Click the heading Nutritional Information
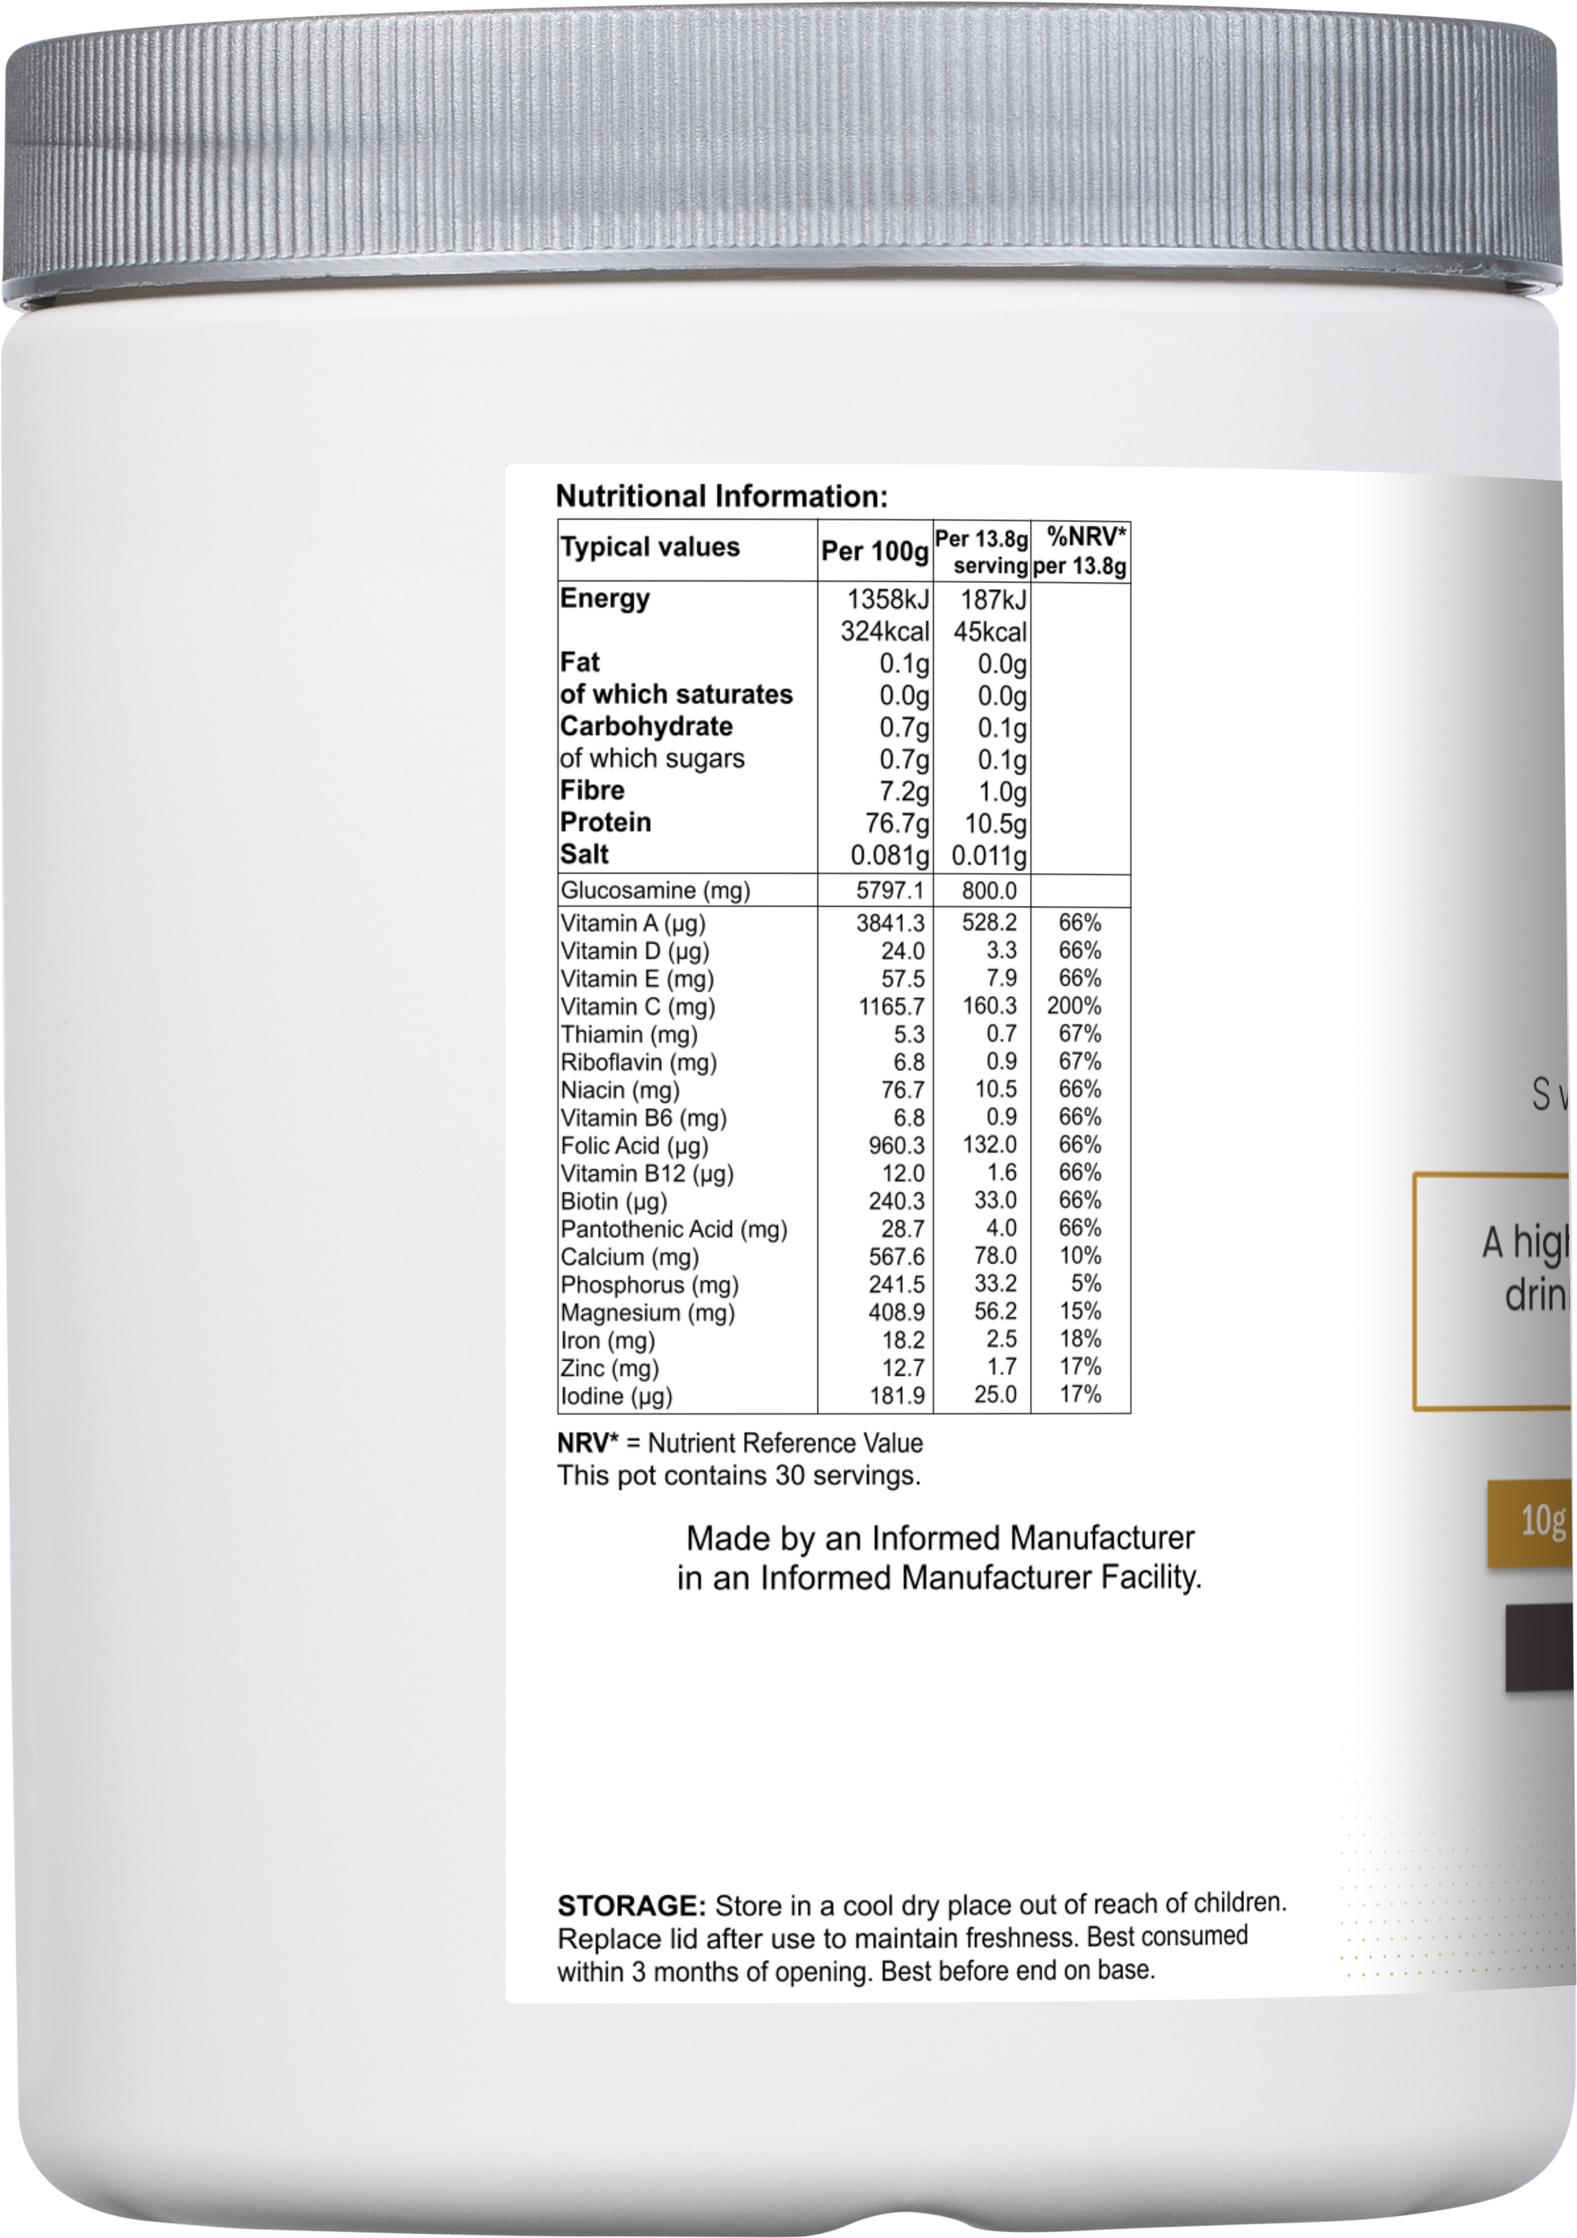pyautogui.click(x=721, y=497)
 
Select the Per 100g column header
pyautogui.click(x=874, y=552)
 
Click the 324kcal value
pyautogui.click(x=885, y=631)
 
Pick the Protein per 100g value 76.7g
pyautogui.click(x=891, y=824)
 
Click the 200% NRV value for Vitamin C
pyautogui.click(x=1074, y=1006)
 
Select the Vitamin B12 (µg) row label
pyautogui.click(x=647, y=1174)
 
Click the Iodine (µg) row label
pyautogui.click(x=616, y=1396)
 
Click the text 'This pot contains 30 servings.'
pyautogui.click(x=739, y=1476)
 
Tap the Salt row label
pyautogui.click(x=583, y=855)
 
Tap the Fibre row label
pyautogui.click(x=592, y=790)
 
